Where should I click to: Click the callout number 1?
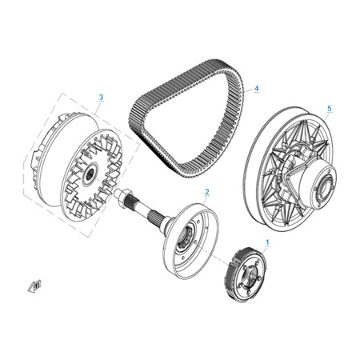[267, 242]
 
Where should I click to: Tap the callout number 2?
[207, 192]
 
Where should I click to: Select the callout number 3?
[101, 97]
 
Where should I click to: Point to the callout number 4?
[257, 88]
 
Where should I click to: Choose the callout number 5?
[330, 109]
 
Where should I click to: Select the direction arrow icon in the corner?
[34, 286]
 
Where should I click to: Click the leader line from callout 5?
[327, 117]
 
